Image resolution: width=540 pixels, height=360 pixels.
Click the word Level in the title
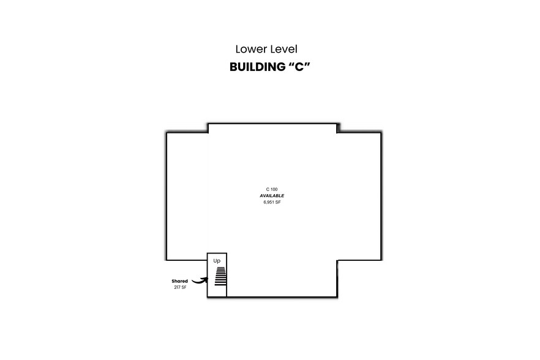(283, 49)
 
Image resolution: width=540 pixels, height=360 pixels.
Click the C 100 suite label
(272, 189)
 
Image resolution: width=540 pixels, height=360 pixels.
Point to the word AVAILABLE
(272, 195)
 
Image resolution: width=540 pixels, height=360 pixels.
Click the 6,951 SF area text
(272, 202)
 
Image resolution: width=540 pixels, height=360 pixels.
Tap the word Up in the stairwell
(217, 261)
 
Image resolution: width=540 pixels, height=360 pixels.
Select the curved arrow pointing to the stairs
(199, 280)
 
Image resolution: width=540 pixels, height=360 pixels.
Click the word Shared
(179, 281)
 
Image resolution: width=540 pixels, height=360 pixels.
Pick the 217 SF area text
(179, 287)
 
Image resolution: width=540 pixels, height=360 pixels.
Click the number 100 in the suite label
(275, 189)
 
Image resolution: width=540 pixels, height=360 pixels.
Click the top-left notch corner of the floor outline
(208, 131)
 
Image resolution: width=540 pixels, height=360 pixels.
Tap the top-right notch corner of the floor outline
(337, 131)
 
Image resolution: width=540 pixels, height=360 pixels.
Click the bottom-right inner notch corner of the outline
(337, 260)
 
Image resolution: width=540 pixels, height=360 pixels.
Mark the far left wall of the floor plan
(167, 196)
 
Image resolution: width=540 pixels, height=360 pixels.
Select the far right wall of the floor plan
(381, 196)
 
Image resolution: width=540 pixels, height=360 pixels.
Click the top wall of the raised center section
(272, 124)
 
